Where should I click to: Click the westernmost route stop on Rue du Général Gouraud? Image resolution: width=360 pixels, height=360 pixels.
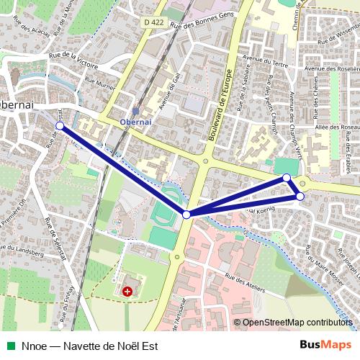(59, 126)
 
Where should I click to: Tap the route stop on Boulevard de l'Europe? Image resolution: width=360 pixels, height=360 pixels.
(186, 215)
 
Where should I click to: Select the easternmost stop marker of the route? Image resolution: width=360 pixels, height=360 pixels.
(300, 196)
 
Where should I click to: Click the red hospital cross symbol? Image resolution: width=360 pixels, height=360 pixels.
(127, 292)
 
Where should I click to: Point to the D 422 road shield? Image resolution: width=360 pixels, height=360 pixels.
(153, 22)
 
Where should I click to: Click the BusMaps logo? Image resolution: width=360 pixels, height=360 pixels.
(326, 345)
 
